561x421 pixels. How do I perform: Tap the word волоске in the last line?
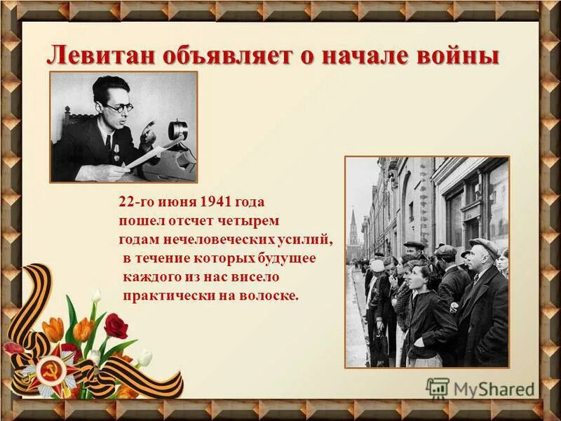coord(271,295)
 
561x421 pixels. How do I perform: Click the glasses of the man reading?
coord(119,107)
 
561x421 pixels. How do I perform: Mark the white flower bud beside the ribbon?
coord(144,359)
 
